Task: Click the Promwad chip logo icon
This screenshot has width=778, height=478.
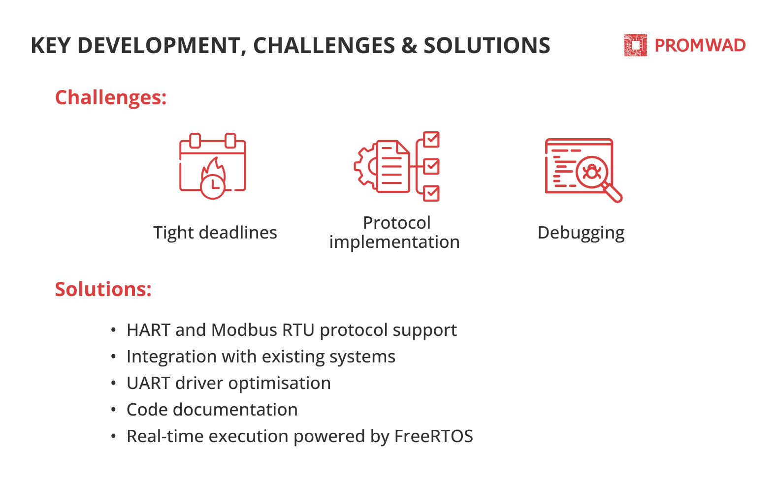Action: [x=635, y=45]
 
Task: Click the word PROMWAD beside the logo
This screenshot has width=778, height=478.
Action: [x=700, y=45]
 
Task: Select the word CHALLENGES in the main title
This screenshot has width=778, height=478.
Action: [x=324, y=45]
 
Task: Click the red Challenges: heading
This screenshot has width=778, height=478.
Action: [x=111, y=97]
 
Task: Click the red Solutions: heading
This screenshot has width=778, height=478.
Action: [x=103, y=289]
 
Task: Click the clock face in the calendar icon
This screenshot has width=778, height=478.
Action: [x=213, y=186]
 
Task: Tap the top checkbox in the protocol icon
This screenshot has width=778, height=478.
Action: [x=431, y=140]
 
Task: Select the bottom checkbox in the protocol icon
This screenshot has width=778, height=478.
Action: [x=431, y=193]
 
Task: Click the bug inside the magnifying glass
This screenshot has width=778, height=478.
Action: [x=592, y=172]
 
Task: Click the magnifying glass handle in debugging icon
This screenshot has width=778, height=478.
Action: [x=613, y=193]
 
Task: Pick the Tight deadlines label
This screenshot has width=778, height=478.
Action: [x=215, y=233]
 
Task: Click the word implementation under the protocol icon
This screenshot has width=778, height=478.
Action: [x=394, y=242]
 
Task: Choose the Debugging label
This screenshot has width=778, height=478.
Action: [x=581, y=233]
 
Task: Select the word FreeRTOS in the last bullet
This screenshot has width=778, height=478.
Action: [x=433, y=436]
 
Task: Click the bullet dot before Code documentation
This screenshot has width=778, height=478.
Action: [x=113, y=410]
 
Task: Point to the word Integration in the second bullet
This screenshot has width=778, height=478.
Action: [x=171, y=357]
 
